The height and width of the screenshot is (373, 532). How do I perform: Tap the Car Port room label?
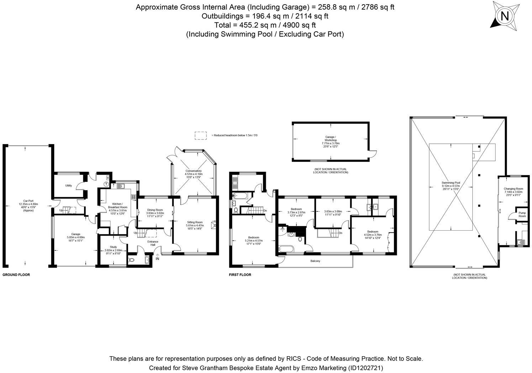(x=25, y=201)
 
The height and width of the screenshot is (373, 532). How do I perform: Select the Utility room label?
(x=68, y=185)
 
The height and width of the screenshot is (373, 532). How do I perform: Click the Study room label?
(x=113, y=247)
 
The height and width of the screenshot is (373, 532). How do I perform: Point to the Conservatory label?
(x=193, y=171)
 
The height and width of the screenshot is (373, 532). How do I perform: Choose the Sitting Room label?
(x=195, y=222)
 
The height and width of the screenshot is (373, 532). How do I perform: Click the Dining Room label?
(x=154, y=210)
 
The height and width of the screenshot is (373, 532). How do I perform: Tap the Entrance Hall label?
(x=153, y=243)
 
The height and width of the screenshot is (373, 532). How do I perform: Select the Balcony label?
(x=315, y=261)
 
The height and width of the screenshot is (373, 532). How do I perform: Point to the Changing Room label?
(x=513, y=189)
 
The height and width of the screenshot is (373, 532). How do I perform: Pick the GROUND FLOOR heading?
(x=16, y=275)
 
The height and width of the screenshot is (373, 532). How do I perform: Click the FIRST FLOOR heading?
(x=240, y=275)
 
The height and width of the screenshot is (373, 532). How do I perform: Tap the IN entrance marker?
(x=157, y=258)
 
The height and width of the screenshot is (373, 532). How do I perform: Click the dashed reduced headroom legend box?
(x=201, y=136)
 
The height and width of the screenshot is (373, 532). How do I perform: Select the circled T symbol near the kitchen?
(x=106, y=184)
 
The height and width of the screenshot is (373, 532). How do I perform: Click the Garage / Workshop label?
(x=330, y=138)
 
